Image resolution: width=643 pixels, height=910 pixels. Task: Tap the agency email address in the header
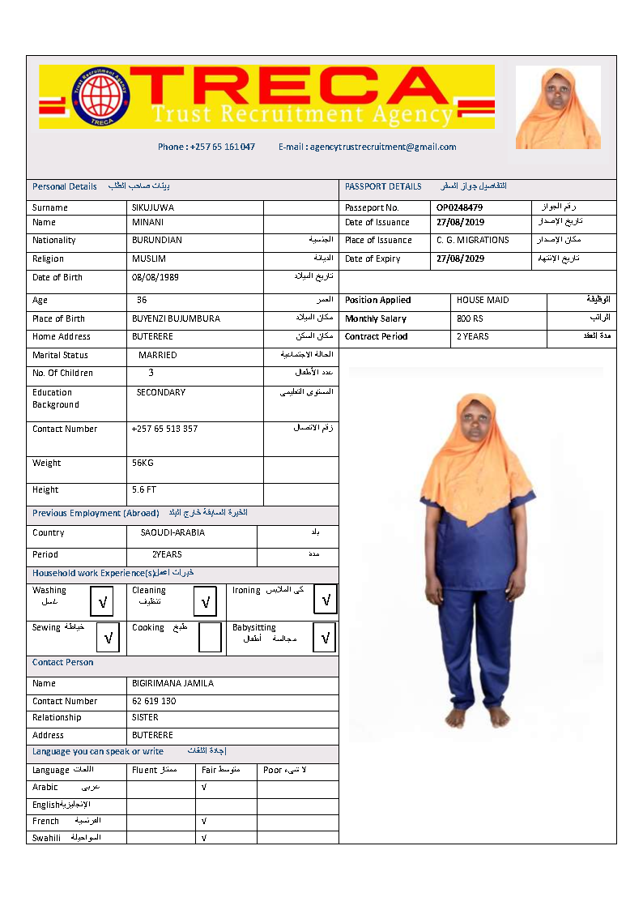tap(368, 147)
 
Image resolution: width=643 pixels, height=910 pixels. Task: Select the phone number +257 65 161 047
tap(207, 147)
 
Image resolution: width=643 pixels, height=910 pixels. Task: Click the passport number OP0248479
tap(459, 207)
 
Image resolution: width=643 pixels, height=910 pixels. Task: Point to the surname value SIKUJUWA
tap(153, 207)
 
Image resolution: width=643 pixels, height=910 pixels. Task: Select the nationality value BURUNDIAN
tap(157, 240)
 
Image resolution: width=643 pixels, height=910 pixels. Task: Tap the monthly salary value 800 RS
tap(470, 318)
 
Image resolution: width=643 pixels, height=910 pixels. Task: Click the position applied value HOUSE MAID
tap(483, 300)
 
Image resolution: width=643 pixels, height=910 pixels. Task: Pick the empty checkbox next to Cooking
tap(210, 637)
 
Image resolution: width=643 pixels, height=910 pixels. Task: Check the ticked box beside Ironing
tap(326, 600)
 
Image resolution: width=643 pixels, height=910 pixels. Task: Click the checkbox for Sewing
tap(107, 637)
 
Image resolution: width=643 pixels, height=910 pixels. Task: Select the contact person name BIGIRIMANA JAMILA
tap(172, 683)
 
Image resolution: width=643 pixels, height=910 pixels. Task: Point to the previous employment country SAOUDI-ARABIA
tap(172, 532)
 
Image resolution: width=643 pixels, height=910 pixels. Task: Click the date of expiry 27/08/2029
tap(460, 258)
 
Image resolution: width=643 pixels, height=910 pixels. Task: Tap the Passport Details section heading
tap(383, 186)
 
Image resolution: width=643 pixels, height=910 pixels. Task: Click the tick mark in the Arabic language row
tap(203, 787)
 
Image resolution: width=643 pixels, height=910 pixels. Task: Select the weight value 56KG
tap(143, 463)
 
